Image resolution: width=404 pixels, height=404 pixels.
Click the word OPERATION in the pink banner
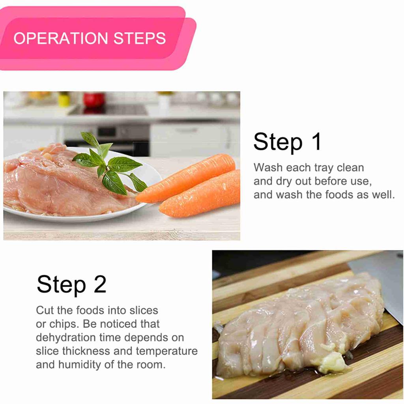(x=60, y=38)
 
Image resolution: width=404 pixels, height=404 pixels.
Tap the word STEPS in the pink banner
(x=140, y=38)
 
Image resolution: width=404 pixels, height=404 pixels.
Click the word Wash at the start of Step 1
(x=268, y=167)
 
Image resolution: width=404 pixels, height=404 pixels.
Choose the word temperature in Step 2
(x=167, y=351)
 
